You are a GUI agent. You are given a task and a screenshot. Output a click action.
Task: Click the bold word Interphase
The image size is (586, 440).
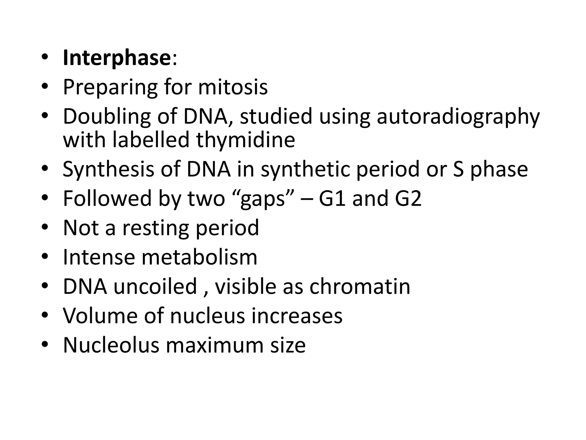tap(117, 58)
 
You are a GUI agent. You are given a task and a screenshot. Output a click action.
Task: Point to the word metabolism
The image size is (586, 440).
tap(199, 257)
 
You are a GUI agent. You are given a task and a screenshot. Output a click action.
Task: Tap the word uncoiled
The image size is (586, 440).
tap(155, 286)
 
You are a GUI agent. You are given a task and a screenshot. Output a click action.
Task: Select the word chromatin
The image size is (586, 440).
tap(360, 286)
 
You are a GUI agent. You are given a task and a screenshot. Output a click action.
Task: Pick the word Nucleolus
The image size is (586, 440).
tap(111, 345)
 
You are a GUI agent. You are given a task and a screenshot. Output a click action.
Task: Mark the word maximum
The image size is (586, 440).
tap(214, 345)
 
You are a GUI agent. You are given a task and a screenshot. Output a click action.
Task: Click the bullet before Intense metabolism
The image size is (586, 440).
tap(45, 257)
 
